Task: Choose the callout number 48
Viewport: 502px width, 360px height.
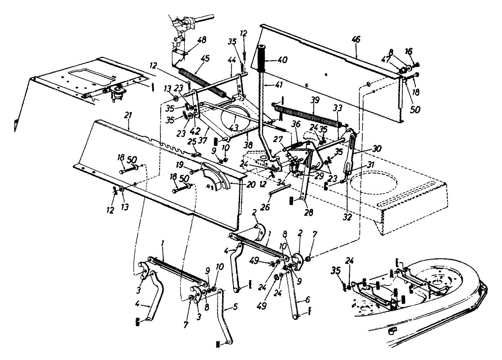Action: pyautogui.click(x=202, y=41)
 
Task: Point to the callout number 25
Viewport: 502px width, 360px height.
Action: pyautogui.click(x=192, y=142)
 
